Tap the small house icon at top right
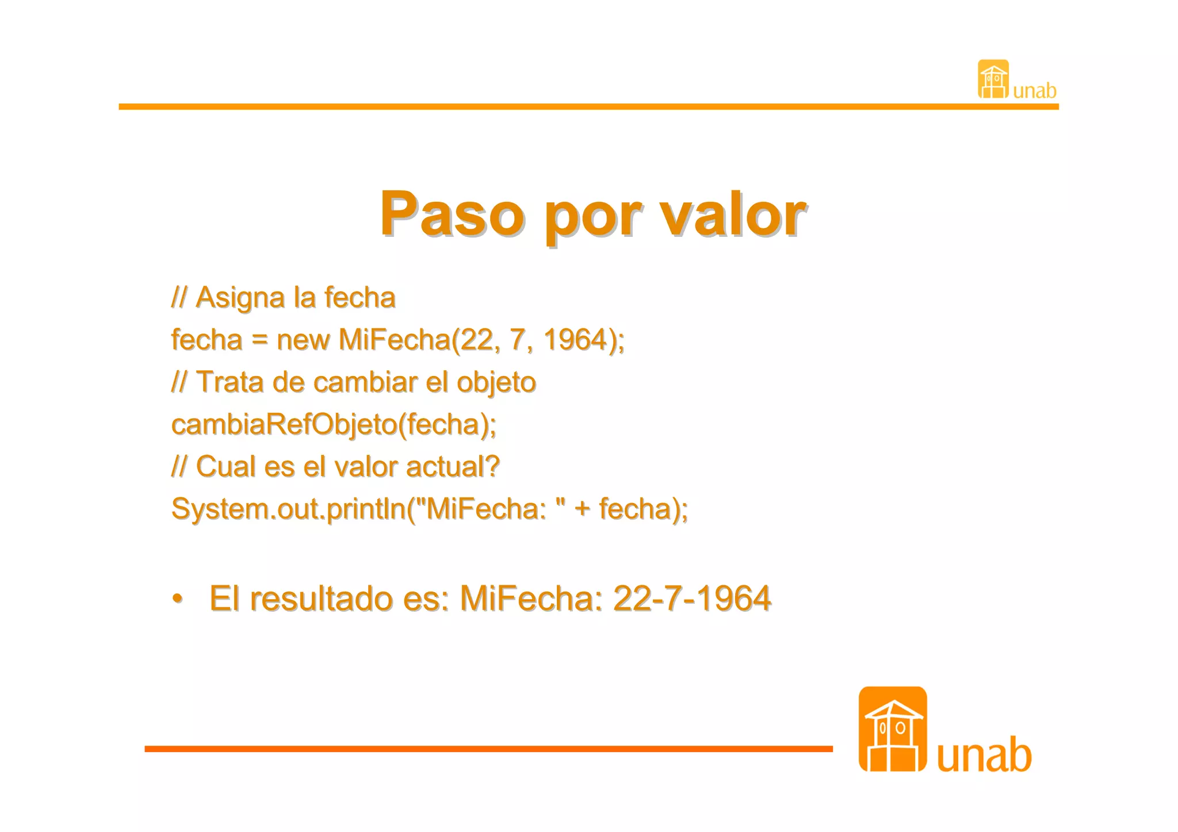coord(993,79)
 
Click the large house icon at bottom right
coord(892,729)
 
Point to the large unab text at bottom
coord(984,754)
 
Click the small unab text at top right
coord(1034,91)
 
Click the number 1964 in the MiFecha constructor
coord(575,339)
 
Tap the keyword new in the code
coord(303,340)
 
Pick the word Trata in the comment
coord(230,382)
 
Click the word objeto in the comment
coord(496,383)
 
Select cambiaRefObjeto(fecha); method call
coord(334,425)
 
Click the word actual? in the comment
coord(453,466)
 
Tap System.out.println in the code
coord(288,509)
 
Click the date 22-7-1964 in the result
coord(691,599)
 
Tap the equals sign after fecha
coord(259,340)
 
